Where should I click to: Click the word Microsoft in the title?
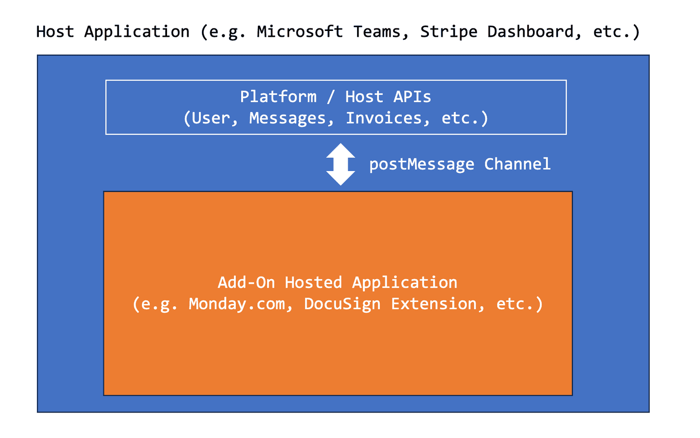300,32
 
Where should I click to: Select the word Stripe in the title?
448,32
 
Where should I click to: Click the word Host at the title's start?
55,32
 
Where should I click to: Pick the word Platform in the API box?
278,97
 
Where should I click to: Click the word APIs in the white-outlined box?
412,97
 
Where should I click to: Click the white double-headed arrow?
340,164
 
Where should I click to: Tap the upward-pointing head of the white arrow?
340,150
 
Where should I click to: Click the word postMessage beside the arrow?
421,164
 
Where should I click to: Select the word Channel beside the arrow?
517,164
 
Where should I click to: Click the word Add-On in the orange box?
246,283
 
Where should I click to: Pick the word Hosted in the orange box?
313,283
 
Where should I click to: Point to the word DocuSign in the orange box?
342,304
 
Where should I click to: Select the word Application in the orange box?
405,283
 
